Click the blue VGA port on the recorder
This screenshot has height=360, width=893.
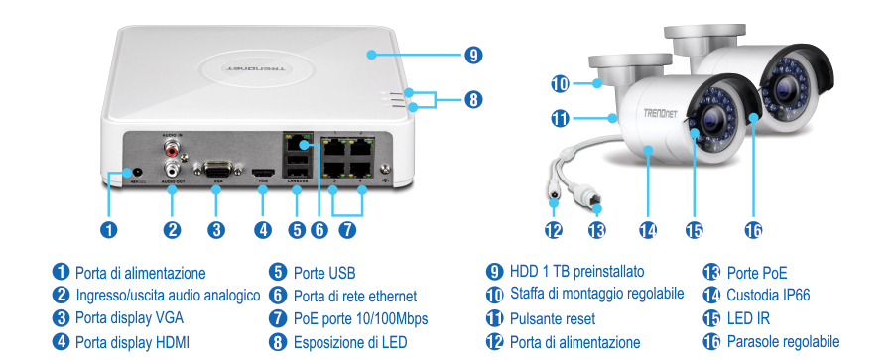click(x=215, y=169)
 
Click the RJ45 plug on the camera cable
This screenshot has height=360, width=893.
click(x=595, y=203)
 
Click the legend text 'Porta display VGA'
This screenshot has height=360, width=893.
click(x=129, y=318)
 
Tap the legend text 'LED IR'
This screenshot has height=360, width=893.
click(x=749, y=318)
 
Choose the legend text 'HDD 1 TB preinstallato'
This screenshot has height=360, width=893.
click(x=577, y=271)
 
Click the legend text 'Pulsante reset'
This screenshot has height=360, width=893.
click(x=553, y=318)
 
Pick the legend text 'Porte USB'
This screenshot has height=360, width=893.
click(x=324, y=272)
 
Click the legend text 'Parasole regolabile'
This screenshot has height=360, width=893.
click(x=790, y=342)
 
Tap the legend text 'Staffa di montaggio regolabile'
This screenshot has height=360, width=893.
click(x=596, y=295)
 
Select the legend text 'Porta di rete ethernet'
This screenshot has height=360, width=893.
click(x=355, y=296)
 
